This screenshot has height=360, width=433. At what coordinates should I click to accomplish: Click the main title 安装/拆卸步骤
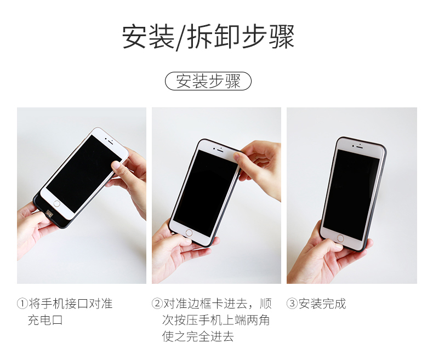[208, 37]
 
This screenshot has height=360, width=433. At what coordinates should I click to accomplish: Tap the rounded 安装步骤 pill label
[208, 81]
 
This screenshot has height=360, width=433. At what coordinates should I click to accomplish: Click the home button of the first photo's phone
[57, 204]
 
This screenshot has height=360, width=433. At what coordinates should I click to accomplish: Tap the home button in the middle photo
[189, 233]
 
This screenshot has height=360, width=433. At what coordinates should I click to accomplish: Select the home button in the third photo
[340, 238]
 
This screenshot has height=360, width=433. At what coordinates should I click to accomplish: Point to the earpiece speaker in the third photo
[359, 147]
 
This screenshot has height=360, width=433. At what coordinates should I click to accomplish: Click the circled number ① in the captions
[22, 304]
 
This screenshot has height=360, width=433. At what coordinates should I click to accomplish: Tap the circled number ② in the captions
[157, 304]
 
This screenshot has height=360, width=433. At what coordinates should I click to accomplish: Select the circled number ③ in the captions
[292, 304]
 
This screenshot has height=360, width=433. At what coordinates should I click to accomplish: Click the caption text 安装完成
[322, 304]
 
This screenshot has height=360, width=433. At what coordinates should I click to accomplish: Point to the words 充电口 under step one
[45, 320]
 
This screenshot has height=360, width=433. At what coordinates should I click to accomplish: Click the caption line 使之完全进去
[198, 336]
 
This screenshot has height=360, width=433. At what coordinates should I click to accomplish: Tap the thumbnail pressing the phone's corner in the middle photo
[237, 157]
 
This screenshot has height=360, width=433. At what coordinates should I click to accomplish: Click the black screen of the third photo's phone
[351, 195]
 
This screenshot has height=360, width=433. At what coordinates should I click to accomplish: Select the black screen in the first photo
[84, 173]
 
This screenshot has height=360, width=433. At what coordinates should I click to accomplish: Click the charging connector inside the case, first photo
[50, 213]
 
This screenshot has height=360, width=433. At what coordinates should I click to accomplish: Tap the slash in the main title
[181, 37]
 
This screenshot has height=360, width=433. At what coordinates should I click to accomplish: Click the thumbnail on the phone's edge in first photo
[116, 165]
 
